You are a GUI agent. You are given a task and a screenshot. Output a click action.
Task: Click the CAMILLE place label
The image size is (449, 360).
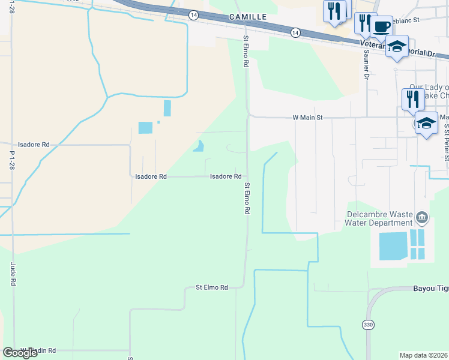(x=247, y=17)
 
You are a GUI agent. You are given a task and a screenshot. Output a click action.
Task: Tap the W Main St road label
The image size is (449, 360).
(x=307, y=118)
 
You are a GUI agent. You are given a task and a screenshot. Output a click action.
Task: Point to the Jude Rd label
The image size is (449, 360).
(x=13, y=272)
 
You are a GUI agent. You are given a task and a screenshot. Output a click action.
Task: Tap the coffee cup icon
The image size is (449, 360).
(x=381, y=27)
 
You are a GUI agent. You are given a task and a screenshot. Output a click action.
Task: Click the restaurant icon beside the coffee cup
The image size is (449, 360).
(x=364, y=23)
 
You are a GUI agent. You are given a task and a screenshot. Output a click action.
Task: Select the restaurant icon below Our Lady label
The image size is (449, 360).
(x=412, y=98)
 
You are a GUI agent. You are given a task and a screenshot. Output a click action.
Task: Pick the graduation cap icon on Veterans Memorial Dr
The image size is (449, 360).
(x=397, y=46)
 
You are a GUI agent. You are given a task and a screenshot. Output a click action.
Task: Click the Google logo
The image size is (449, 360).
(x=20, y=353)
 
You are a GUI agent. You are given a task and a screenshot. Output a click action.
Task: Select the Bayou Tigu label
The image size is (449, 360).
(x=430, y=289)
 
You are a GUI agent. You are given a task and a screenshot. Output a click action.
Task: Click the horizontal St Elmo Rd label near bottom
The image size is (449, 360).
(x=212, y=288)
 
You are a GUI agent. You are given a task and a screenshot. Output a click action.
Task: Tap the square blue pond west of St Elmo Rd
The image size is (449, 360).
(x=145, y=127)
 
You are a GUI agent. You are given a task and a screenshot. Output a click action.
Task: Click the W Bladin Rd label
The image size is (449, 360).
(x=40, y=350)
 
